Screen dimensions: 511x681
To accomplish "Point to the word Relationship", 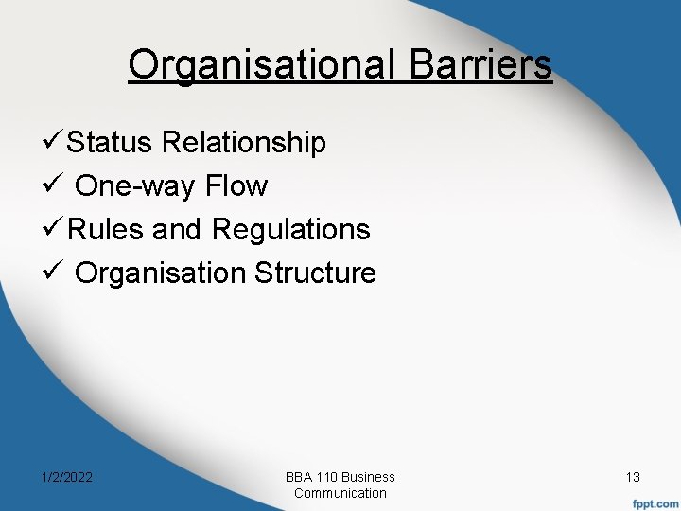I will (244, 143).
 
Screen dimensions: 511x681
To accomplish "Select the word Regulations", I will (291, 230).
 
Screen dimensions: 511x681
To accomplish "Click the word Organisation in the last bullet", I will (159, 273).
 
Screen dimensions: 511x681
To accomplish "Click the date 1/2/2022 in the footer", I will (65, 478).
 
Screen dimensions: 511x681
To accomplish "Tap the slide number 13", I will (633, 478).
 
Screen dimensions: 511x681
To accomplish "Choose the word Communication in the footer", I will (340, 493).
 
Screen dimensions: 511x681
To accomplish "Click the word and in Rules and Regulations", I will (176, 230).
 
